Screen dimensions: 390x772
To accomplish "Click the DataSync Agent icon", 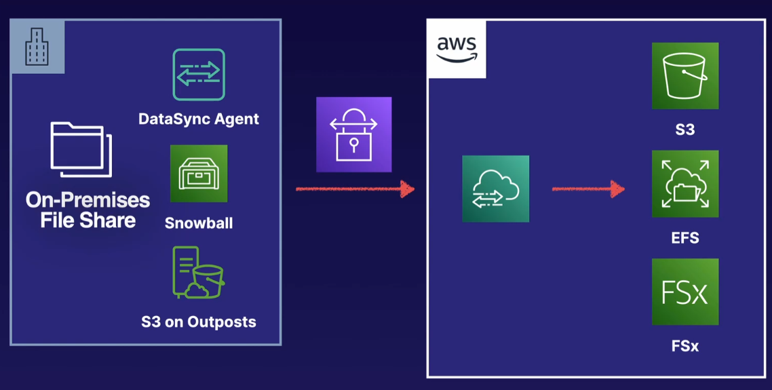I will (199, 75).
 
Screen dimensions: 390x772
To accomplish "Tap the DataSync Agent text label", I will (199, 119).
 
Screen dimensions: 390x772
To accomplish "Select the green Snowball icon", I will (199, 174).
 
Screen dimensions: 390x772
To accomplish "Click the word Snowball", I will (199, 223).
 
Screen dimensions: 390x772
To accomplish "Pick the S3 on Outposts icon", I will (198, 273).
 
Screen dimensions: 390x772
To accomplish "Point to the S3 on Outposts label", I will (199, 321).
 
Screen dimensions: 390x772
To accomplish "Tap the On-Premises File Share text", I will (88, 210).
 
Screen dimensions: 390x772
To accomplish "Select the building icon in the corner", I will (37, 47).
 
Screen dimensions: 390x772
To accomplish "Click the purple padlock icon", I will (353, 134).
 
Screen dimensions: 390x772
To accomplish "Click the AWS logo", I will (457, 49).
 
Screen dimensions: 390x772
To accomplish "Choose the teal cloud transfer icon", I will (496, 189).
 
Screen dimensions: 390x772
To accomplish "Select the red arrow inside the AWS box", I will (588, 189).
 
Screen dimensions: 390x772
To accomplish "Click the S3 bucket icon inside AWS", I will (685, 75).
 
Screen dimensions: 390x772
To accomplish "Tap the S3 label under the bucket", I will (685, 130).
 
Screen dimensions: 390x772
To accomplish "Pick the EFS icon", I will (685, 184).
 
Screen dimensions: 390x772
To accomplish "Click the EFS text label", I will (685, 238).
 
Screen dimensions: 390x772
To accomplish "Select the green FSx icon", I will (685, 292).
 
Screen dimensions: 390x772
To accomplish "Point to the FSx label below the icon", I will (685, 346).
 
